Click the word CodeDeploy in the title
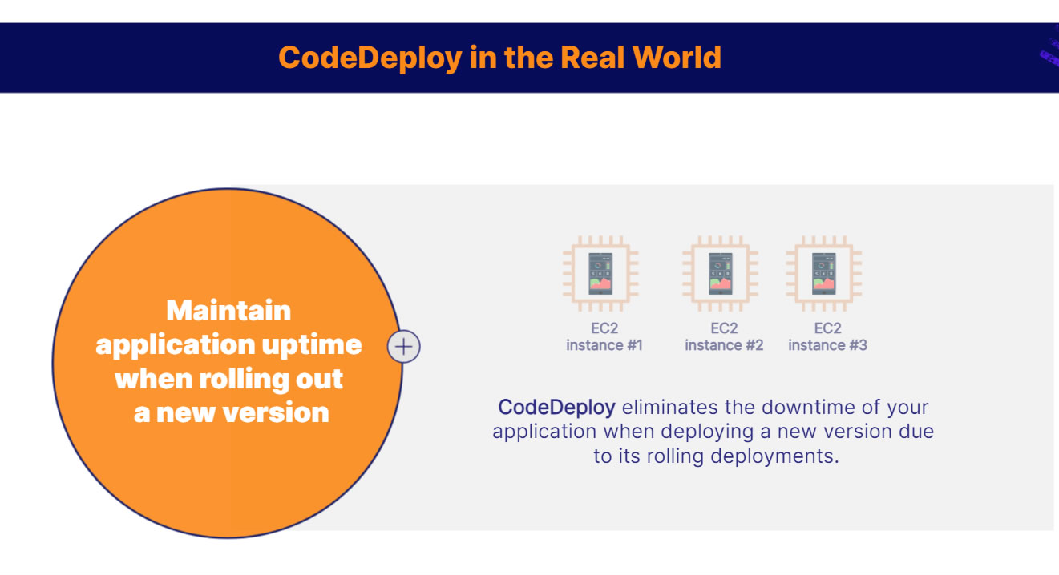[370, 58]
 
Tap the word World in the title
[677, 58]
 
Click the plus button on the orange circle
[404, 347]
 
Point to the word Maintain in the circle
[228, 311]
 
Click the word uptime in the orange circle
[312, 346]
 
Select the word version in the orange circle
[276, 413]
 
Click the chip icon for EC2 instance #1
[600, 273]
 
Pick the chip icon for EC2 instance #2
[720, 273]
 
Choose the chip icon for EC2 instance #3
[823, 273]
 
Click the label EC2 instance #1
[604, 336]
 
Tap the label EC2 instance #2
[724, 336]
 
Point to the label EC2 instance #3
[828, 336]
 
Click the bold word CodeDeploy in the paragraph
[557, 408]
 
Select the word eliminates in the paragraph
[669, 407]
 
